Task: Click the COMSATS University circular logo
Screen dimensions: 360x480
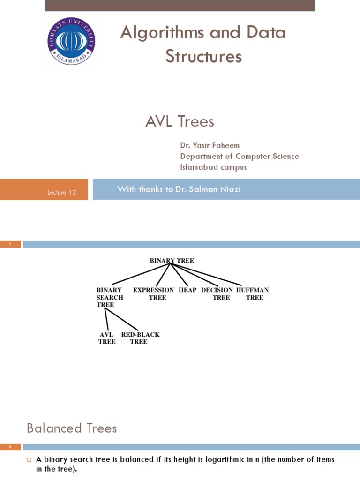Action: [x=71, y=41]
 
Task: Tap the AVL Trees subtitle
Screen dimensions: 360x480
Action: [x=180, y=121]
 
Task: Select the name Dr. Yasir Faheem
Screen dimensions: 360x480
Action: [x=210, y=145]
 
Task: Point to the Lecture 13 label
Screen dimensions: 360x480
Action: [x=61, y=192]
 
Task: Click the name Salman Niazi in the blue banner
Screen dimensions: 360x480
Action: [x=215, y=189]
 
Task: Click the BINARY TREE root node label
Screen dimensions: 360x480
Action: [x=172, y=261]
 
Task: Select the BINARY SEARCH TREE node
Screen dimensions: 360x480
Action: [x=110, y=297]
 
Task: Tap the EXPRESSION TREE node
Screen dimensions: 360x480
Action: [x=153, y=293]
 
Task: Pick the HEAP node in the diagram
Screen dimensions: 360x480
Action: [x=187, y=290]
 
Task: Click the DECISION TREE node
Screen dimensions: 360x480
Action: [x=217, y=293]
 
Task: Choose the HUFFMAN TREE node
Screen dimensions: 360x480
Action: [x=253, y=293]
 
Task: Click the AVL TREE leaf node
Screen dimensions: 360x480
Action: [x=107, y=338]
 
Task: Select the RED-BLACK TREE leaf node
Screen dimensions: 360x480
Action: [x=140, y=338]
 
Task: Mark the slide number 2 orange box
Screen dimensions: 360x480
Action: [x=10, y=244]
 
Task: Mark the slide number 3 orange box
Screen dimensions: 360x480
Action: [x=10, y=447]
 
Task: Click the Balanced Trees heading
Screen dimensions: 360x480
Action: [x=72, y=428]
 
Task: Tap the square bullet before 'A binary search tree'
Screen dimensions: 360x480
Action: [x=30, y=459]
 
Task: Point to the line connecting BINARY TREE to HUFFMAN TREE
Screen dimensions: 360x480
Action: [x=206, y=275]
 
